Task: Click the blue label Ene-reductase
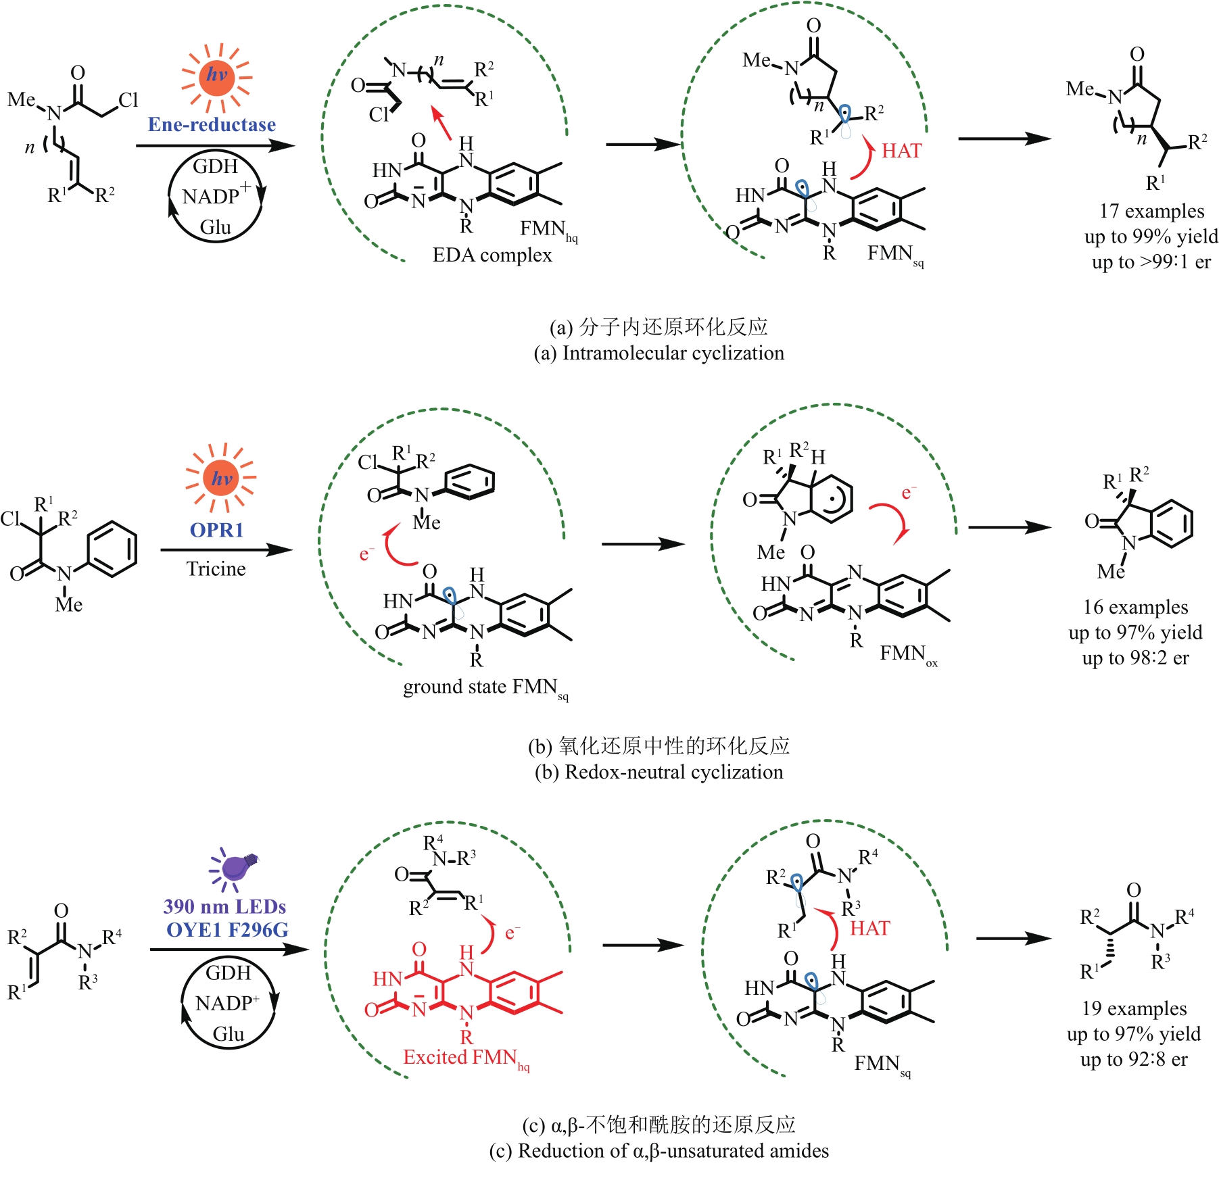click(x=212, y=124)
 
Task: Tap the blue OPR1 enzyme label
click(x=216, y=530)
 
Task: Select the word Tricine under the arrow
click(x=216, y=568)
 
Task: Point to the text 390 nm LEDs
click(x=224, y=906)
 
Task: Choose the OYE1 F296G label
click(x=227, y=930)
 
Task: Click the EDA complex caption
click(x=492, y=255)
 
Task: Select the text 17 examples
click(x=1151, y=211)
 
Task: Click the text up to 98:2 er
click(x=1135, y=658)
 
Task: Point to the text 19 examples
click(x=1134, y=1008)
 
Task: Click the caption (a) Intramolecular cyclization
click(x=659, y=353)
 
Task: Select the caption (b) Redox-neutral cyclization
click(x=659, y=772)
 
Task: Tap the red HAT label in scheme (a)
click(x=901, y=151)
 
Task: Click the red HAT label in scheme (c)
click(x=869, y=928)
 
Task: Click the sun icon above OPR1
click(x=221, y=478)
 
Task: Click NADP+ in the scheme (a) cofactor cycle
click(x=215, y=196)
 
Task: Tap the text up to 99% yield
click(x=1151, y=237)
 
